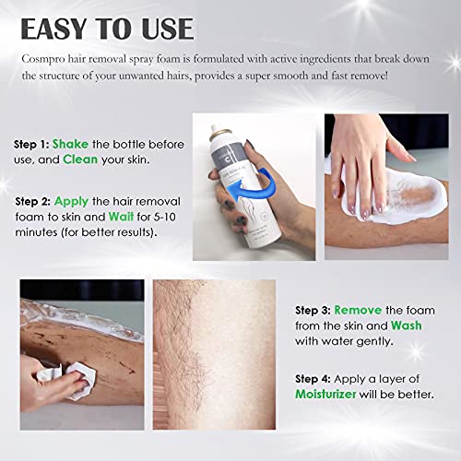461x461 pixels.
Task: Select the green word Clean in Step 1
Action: (x=133, y=160)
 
